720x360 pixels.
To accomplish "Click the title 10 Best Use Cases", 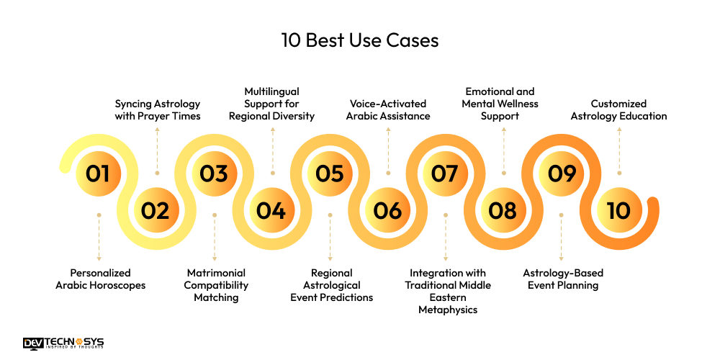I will click(x=359, y=40).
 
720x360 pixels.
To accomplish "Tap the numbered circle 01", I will click(x=98, y=173).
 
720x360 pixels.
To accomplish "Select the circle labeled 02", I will click(x=156, y=210).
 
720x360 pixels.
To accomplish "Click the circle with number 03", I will click(x=214, y=173).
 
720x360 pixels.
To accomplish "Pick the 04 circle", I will click(x=271, y=210).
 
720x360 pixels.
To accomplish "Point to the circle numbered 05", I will click(x=330, y=173).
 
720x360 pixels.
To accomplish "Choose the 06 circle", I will click(x=387, y=210).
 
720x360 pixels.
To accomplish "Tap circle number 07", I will click(x=445, y=173).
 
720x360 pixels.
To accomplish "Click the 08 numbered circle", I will click(x=503, y=210).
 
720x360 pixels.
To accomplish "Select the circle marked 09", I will click(x=561, y=173).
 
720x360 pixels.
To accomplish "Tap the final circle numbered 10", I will click(x=618, y=210).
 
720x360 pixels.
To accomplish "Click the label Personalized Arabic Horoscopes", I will click(x=100, y=279).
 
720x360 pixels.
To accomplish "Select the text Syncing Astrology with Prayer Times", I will click(x=158, y=110).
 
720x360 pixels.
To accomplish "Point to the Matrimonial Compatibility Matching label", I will click(x=216, y=285).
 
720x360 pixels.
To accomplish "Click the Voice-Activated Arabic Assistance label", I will click(x=388, y=110).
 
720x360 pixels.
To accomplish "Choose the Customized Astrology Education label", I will click(x=618, y=110).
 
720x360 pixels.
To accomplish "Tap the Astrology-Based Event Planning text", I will click(x=562, y=279).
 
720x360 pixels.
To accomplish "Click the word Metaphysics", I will click(x=448, y=310).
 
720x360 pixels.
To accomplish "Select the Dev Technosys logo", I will click(x=63, y=344).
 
